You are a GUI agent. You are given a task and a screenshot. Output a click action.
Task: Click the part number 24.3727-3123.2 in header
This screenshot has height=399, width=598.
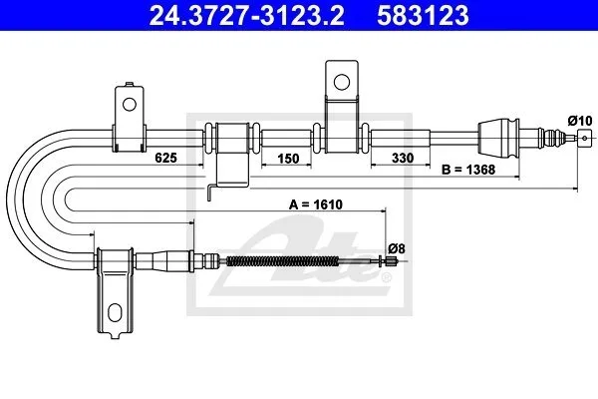pos(246,15)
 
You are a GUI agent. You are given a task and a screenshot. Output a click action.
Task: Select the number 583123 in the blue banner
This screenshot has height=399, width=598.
pos(423,15)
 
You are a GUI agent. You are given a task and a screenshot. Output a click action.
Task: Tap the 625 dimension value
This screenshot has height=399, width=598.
pos(165,158)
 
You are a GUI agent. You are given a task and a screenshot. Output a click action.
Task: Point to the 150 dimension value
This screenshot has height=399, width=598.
pos(288,158)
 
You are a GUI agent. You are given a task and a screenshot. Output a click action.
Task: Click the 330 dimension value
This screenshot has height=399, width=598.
pos(403,158)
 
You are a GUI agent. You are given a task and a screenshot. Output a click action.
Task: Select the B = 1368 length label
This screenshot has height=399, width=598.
pos(468,170)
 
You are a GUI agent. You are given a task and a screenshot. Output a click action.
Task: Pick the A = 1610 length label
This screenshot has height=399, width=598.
pos(316,204)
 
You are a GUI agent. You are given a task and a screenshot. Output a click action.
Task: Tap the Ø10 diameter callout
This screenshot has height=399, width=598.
pos(580,121)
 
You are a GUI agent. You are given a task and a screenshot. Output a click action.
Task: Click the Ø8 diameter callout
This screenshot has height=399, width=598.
pos(397,249)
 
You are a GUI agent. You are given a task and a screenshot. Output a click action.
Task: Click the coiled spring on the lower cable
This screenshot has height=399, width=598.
pos(282,261)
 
